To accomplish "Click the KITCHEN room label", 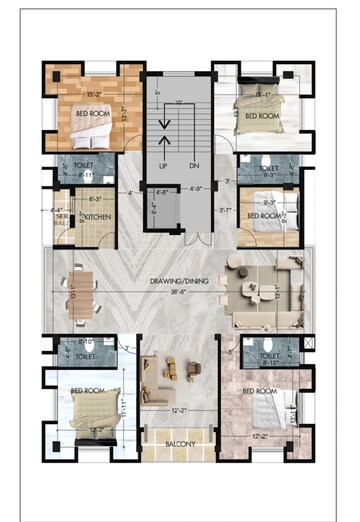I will (95, 216).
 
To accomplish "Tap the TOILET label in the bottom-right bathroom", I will (268, 355).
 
